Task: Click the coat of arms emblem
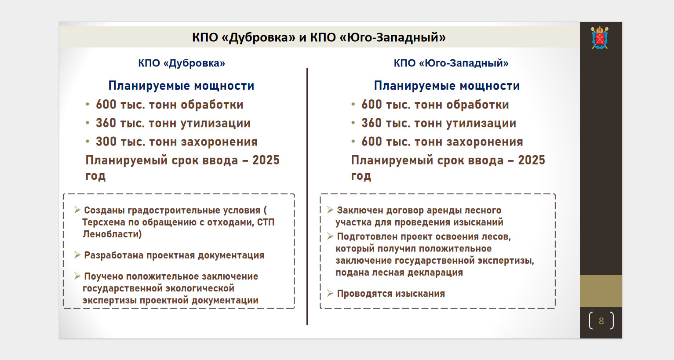(600, 38)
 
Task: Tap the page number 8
(601, 321)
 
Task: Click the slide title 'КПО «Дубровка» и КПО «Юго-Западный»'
(319, 37)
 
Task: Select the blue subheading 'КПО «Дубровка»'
(182, 63)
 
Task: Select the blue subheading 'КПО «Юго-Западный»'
(451, 63)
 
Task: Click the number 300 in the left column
(106, 142)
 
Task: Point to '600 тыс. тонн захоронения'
(442, 142)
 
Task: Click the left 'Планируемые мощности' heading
(181, 86)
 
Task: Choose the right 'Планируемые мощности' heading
(447, 86)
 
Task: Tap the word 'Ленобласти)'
(112, 234)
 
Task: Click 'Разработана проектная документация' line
(174, 255)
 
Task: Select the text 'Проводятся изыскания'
(391, 293)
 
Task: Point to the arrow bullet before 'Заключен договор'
(330, 210)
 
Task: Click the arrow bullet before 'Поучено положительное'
(77, 276)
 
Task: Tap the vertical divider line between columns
(307, 196)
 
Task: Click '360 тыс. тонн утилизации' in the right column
(439, 124)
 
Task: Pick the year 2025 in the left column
(266, 160)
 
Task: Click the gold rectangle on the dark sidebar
(601, 291)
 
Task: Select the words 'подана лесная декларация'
(399, 273)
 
